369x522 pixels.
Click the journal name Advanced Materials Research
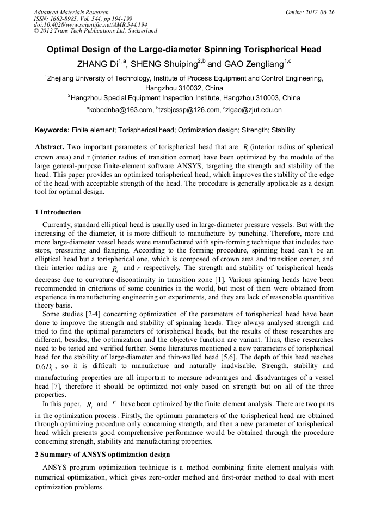[71, 12]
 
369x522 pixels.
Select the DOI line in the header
[90, 25]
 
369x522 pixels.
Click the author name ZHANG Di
[97, 64]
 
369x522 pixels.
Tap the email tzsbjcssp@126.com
[188, 110]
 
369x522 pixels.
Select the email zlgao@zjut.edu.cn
[253, 110]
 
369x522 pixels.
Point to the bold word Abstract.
[50, 148]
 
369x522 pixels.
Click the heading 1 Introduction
[58, 212]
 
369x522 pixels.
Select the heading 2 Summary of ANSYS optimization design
[102, 455]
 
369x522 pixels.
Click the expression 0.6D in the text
[46, 367]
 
